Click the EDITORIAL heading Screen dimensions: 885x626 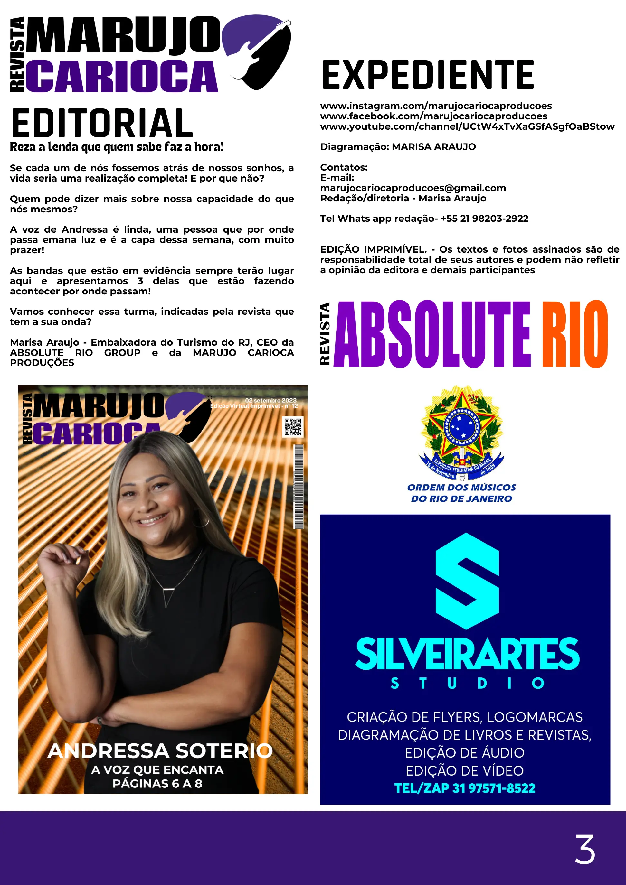click(x=102, y=123)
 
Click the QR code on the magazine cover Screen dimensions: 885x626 click(x=293, y=426)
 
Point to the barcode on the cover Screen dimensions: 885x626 click(x=299, y=487)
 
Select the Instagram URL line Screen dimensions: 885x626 click(x=436, y=106)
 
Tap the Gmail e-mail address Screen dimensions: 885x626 click(x=413, y=188)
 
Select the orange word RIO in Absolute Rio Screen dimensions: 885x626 click(x=575, y=334)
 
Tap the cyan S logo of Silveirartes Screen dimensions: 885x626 click(x=467, y=581)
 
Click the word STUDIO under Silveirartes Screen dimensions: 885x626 click(x=467, y=683)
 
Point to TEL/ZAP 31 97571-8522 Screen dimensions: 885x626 click(x=465, y=788)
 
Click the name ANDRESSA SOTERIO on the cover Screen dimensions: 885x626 click(x=160, y=751)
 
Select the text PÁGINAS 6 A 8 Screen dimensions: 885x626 click(x=157, y=783)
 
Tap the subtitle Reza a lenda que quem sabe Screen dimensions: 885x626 click(x=117, y=147)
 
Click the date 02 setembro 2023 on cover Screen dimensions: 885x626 click(x=271, y=400)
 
